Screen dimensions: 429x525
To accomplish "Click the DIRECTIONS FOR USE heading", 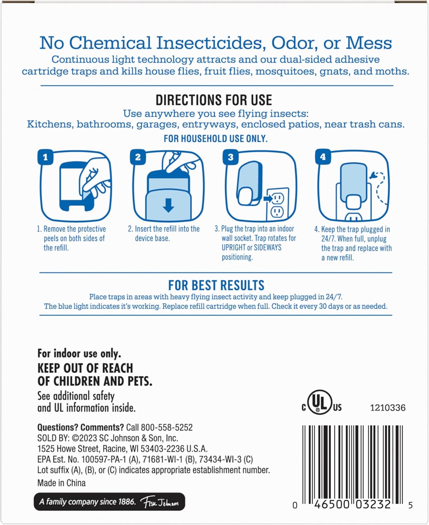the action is (x=214, y=100).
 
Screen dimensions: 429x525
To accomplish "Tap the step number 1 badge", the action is (x=45, y=157).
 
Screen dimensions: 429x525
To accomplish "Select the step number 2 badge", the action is (x=138, y=157).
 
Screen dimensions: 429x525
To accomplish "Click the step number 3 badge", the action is (x=231, y=157).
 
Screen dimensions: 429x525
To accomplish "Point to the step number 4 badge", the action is (x=323, y=157).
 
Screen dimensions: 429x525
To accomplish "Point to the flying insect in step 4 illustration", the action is (x=373, y=175).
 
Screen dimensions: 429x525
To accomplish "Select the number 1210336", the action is (x=388, y=408).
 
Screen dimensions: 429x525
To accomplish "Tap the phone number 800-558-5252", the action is (x=167, y=427).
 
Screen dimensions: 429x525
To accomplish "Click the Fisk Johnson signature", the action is (x=159, y=502).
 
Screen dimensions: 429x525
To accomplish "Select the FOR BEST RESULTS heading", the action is (x=216, y=285).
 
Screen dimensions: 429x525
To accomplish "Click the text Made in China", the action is (x=61, y=483).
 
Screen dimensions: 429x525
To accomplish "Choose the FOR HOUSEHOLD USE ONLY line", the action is (x=216, y=139).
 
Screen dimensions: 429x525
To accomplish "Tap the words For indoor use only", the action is (x=79, y=353).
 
